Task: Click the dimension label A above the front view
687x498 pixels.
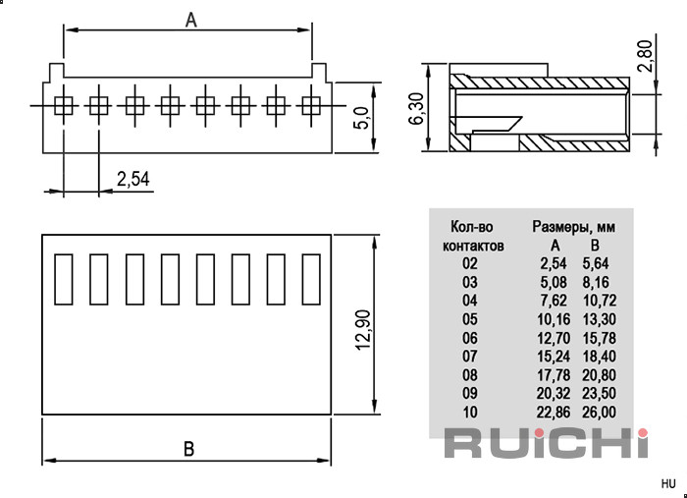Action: pos(191,20)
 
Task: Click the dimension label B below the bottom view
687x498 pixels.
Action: pos(188,449)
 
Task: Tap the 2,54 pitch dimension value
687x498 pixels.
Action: pos(133,180)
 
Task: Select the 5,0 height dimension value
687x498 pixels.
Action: pos(362,118)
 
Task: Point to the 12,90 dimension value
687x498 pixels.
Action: pos(363,330)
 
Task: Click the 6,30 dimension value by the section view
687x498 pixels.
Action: pos(416,108)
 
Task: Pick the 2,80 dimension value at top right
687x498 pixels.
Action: pos(645,55)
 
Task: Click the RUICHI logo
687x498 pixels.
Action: pos(547,443)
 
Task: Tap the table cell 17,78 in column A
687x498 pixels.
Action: pos(554,375)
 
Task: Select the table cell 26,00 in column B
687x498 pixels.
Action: pos(599,413)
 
